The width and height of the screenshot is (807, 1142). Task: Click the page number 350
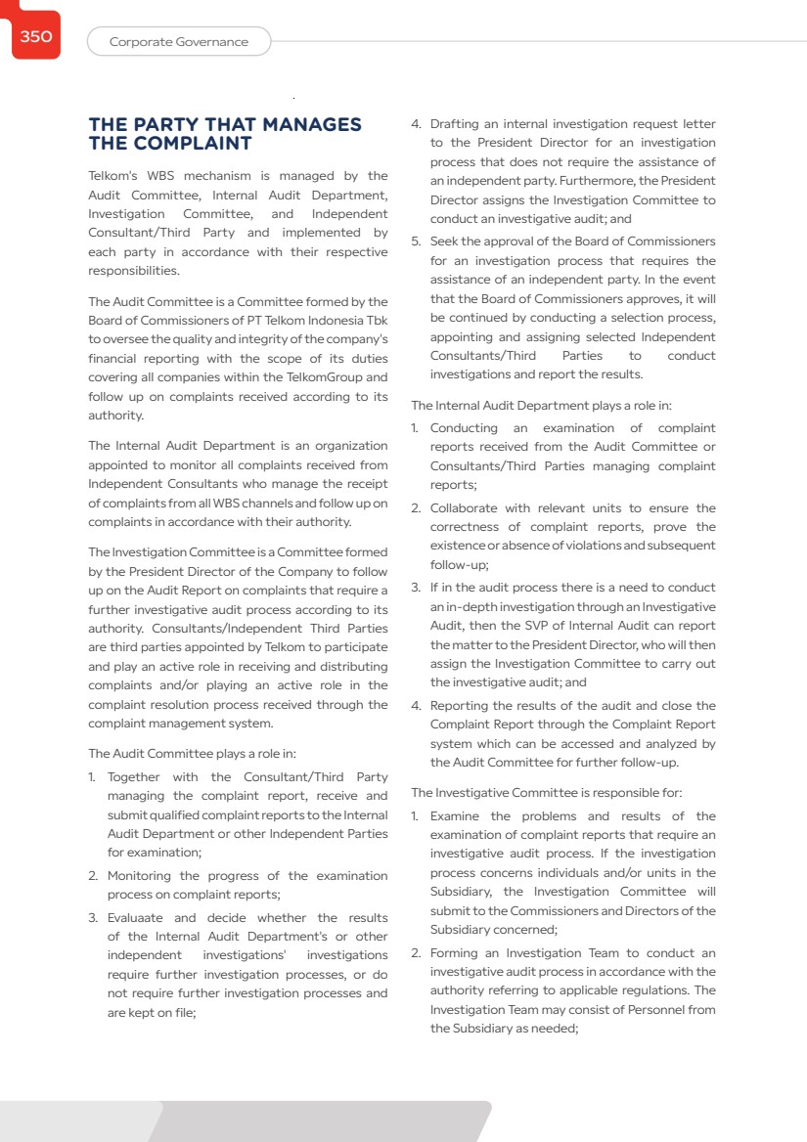click(35, 37)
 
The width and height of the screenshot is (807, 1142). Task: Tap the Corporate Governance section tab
click(178, 42)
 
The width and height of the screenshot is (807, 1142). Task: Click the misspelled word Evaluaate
click(136, 918)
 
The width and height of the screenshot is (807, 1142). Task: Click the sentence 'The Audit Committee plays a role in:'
click(192, 754)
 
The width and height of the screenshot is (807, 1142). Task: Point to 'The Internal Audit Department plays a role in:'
click(541, 405)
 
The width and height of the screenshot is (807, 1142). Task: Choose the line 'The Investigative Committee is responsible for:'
click(546, 793)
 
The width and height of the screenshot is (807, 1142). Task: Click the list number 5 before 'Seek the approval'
click(415, 242)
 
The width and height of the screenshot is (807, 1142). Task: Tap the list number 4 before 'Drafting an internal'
click(415, 124)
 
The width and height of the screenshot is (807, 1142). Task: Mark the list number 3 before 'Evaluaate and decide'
click(93, 918)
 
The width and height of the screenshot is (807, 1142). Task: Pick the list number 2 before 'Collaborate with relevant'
click(415, 508)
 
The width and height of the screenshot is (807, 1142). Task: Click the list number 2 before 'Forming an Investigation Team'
click(415, 953)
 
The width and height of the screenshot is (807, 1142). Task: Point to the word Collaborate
click(464, 508)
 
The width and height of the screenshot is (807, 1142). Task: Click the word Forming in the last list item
click(454, 953)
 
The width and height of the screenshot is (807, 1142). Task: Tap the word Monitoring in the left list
click(140, 876)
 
